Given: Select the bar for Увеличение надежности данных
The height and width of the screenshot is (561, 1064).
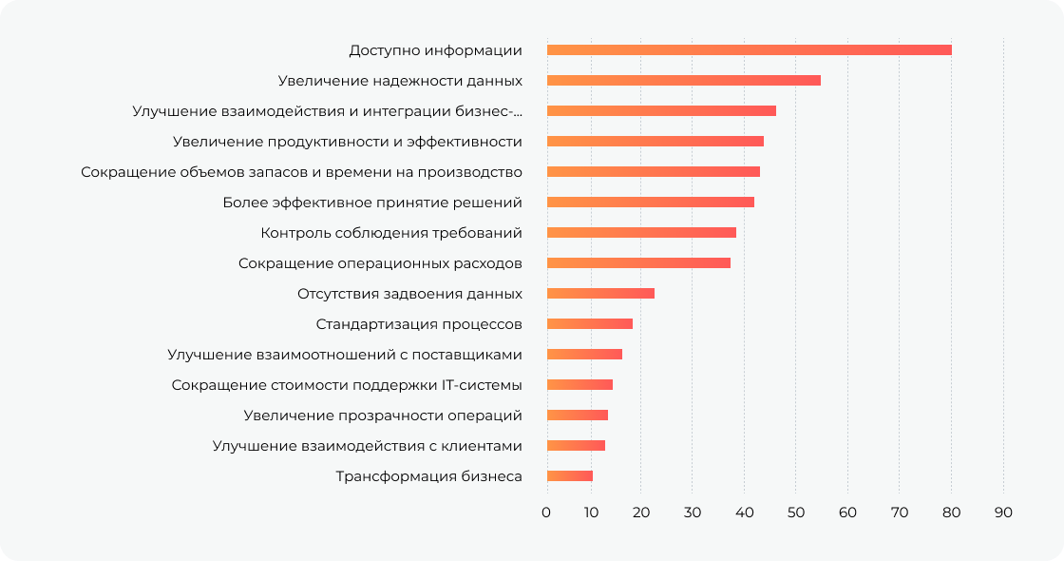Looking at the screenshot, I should (x=683, y=80).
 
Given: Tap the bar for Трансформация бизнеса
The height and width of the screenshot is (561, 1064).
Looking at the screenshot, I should (x=570, y=475).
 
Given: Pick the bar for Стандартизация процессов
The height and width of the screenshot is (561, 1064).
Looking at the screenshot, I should (x=590, y=323).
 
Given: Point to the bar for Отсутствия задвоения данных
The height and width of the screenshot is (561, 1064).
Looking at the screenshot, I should (x=600, y=293).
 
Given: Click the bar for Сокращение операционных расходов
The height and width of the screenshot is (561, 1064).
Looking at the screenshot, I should (x=638, y=262).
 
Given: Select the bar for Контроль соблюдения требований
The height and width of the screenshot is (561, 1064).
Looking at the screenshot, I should (x=641, y=232).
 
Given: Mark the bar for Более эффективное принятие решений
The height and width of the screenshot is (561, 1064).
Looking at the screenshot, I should (x=651, y=202).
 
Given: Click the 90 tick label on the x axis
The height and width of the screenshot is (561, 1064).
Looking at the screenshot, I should (x=1003, y=513).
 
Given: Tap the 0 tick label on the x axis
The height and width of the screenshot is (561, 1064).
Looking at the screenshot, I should (x=546, y=513).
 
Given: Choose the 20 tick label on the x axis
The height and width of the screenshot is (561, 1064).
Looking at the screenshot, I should (x=641, y=513).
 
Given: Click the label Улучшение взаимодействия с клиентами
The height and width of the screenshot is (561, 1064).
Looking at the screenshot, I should (x=367, y=445).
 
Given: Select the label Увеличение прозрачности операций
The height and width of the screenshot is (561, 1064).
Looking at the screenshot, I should (x=383, y=415).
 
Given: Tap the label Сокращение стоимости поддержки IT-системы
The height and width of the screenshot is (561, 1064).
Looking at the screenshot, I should (x=347, y=384).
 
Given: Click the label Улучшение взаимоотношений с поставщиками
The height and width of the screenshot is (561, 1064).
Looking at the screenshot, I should (x=345, y=354).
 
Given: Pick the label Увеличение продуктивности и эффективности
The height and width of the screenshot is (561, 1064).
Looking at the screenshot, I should (x=348, y=141).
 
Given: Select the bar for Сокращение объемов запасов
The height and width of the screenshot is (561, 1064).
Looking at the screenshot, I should (x=654, y=171).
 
